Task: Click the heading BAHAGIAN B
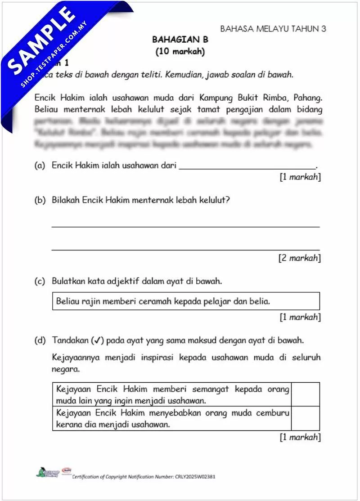pos(180,40)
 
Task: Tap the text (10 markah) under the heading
pos(180,52)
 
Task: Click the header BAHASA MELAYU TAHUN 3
pos(273,29)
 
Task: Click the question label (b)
pos(40,200)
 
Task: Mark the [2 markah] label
pos(300,258)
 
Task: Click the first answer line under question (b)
pos(185,227)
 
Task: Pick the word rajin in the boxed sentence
pos(95,301)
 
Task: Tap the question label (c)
pos(40,282)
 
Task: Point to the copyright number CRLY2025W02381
pos(195,477)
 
